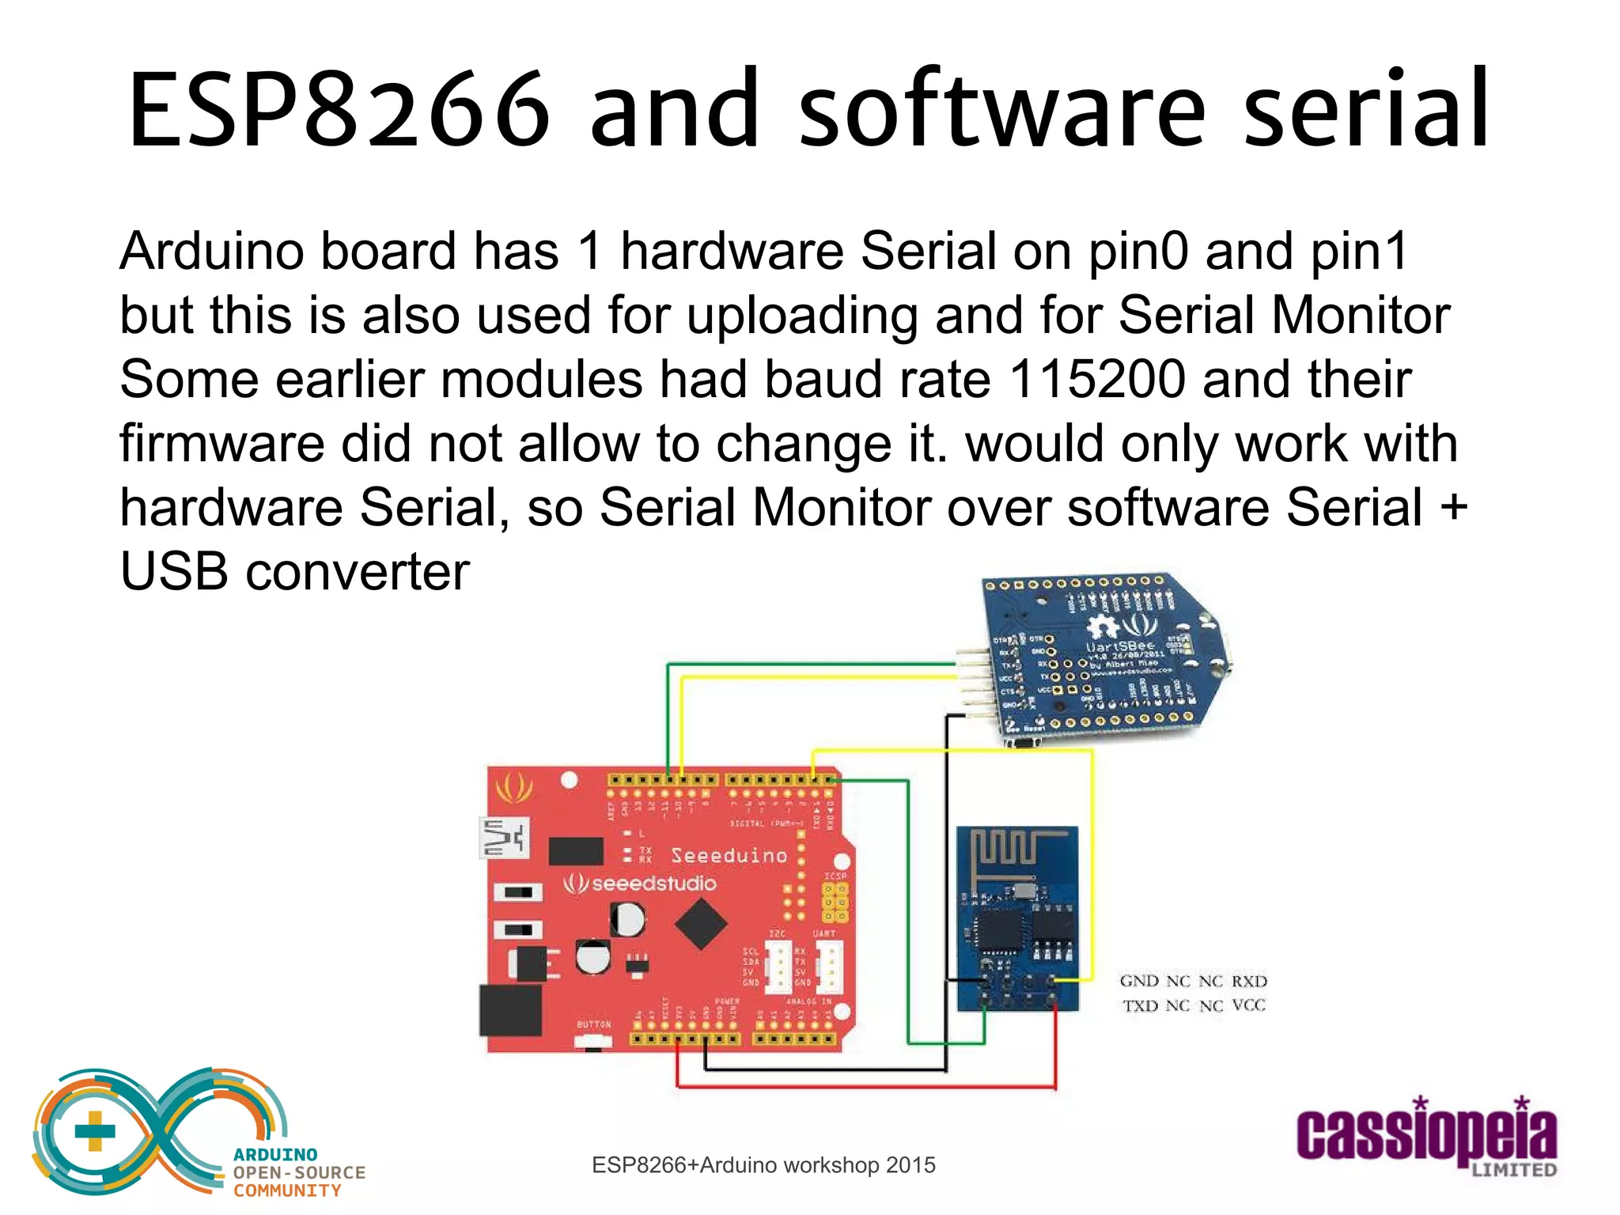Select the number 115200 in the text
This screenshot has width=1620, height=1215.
[1097, 379]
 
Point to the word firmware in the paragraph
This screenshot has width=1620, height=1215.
[222, 443]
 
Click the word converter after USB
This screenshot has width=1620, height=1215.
[358, 571]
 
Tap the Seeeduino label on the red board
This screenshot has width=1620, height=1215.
[729, 855]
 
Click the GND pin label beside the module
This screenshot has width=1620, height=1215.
[1139, 982]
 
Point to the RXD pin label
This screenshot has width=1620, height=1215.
[1249, 982]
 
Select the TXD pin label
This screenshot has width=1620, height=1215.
[1140, 1006]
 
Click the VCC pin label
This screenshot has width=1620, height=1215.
[1249, 1005]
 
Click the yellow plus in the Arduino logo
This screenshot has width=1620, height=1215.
[95, 1130]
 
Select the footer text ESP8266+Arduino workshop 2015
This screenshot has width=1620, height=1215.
[763, 1165]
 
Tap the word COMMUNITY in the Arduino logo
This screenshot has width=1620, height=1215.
[287, 1190]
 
